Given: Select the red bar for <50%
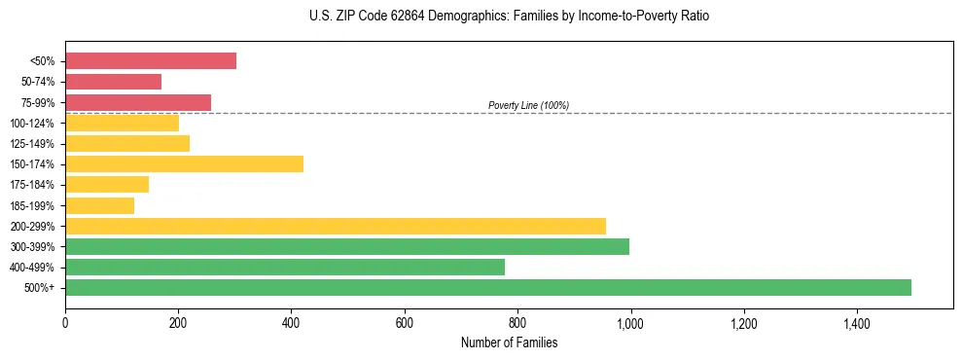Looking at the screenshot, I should (x=151, y=61).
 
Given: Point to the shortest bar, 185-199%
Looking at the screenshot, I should (x=99, y=205).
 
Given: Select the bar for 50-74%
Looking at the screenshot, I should (x=113, y=82).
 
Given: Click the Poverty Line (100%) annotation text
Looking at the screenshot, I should (x=528, y=105).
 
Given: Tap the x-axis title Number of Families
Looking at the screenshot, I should (x=509, y=342).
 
